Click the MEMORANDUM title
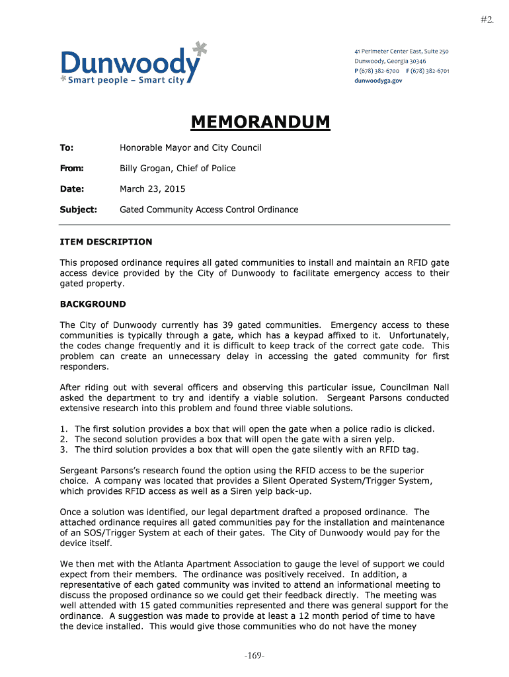[x=260, y=122]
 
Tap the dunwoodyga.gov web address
[x=378, y=80]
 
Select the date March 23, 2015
[x=152, y=189]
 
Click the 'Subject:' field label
[x=79, y=210]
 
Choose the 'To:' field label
[x=67, y=147]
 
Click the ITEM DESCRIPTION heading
[x=106, y=242]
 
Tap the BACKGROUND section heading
[x=93, y=304]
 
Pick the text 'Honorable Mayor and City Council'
[x=190, y=147]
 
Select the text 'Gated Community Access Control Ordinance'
[x=209, y=210]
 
